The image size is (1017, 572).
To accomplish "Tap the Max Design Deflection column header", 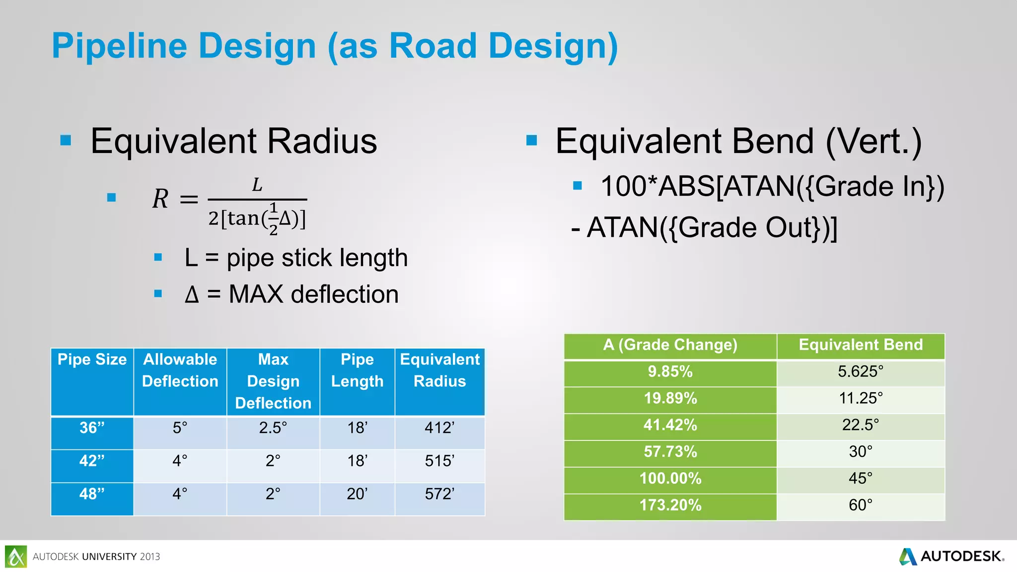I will pos(273,381).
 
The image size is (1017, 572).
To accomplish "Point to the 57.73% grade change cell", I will pos(670,452).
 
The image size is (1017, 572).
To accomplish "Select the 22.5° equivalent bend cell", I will pos(860,425).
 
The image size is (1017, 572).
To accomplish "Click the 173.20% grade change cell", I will pos(670,505).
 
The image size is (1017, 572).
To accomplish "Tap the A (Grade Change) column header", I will pos(670,345).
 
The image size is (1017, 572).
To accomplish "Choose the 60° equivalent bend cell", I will pos(860,505).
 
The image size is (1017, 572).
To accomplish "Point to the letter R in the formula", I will pos(160,199).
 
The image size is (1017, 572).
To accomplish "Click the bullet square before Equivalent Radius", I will pos(66,141).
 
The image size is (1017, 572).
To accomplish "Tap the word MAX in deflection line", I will pos(256,294).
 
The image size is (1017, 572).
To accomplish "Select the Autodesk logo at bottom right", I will pos(951,556).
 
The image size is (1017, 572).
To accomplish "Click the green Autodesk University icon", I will pos(16,556).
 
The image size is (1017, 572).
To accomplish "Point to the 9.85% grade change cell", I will pos(670,372).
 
